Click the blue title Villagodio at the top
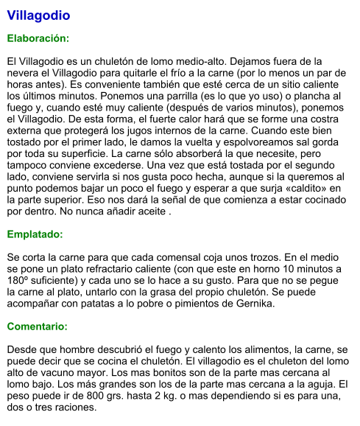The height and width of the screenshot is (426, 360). click(38, 15)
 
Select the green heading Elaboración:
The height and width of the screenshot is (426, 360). click(38, 38)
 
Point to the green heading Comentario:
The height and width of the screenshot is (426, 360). click(37, 326)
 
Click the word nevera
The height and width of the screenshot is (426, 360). click(24, 72)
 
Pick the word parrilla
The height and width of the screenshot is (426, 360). click(208, 96)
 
